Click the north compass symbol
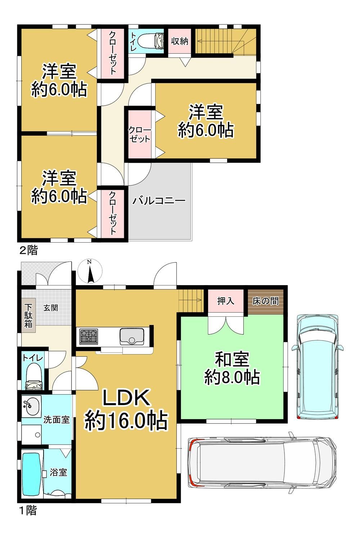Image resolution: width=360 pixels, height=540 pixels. (x=90, y=271)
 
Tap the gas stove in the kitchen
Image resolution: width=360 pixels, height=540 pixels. (x=89, y=336)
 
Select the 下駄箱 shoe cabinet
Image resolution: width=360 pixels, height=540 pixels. (x=28, y=315)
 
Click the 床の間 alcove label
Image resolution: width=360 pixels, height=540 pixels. (x=265, y=301)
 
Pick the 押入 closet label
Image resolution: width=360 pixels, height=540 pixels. (x=226, y=301)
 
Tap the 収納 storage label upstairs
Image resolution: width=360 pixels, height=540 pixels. (x=179, y=41)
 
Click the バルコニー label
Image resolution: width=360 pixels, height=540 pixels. (x=159, y=201)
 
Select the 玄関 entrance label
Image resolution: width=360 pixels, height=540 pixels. (x=51, y=308)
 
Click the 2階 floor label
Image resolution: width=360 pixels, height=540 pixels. (x=28, y=250)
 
